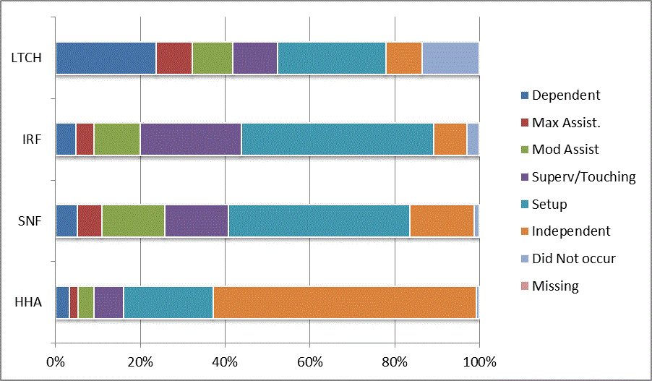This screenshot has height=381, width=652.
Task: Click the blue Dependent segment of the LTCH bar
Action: tap(106, 58)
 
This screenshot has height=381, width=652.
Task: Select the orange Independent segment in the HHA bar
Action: tap(345, 302)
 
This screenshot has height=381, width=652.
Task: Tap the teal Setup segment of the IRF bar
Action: tap(337, 140)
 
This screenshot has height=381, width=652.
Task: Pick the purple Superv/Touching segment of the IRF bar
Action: tap(191, 140)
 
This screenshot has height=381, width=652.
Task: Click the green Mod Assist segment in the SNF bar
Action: tap(133, 221)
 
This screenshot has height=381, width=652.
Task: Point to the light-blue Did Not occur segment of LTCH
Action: tap(450, 58)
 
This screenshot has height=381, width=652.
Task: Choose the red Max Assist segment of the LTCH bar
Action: tap(173, 58)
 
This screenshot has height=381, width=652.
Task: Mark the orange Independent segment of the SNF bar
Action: tap(442, 221)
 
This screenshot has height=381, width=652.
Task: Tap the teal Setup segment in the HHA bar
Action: tap(168, 302)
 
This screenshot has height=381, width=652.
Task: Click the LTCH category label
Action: tap(26, 58)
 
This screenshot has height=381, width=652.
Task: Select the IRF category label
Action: tap(31, 140)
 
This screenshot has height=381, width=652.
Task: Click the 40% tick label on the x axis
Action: tap(225, 361)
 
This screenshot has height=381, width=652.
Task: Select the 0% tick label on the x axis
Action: tap(56, 361)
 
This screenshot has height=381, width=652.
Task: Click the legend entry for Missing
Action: tap(554, 286)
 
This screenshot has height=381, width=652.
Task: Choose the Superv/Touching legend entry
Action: tap(583, 177)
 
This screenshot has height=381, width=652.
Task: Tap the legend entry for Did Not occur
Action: tap(573, 259)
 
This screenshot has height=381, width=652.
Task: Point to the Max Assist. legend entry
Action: tap(566, 123)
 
